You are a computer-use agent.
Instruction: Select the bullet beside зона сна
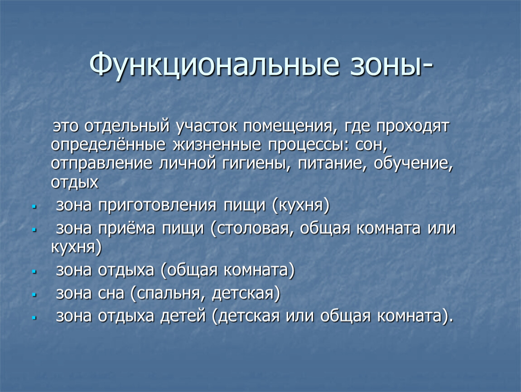[34, 295]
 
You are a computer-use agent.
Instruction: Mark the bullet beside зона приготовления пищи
[34, 207]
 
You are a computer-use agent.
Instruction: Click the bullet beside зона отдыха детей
[34, 318]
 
